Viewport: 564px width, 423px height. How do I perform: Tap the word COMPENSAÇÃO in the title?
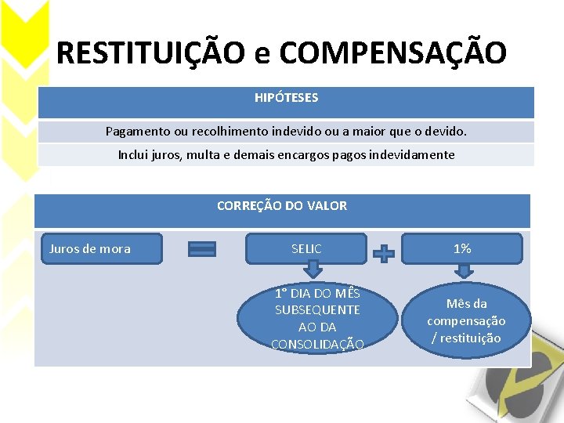pyautogui.click(x=393, y=53)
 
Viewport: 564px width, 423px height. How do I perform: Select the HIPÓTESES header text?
pyautogui.click(x=286, y=98)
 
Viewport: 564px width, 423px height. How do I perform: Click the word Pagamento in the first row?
pyautogui.click(x=136, y=132)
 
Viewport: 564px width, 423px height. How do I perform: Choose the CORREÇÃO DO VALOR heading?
pyautogui.click(x=282, y=206)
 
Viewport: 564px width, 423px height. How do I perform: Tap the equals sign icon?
pyautogui.click(x=202, y=249)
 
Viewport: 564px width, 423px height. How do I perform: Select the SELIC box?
pyautogui.click(x=306, y=249)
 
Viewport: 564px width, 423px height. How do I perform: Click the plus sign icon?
pyautogui.click(x=383, y=254)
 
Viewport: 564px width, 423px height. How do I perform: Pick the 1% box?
pyautogui.click(x=462, y=248)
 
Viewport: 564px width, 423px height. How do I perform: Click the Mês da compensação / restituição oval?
pyautogui.click(x=466, y=321)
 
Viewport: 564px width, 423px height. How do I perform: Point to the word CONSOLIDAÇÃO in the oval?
pyautogui.click(x=317, y=344)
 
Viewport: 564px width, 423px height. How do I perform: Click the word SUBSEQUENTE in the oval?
pyautogui.click(x=317, y=310)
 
